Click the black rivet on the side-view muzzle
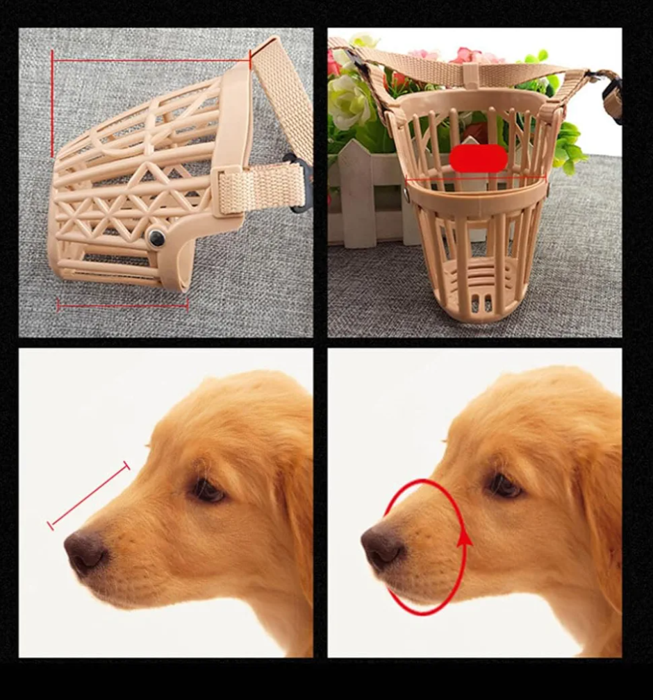point(156,239)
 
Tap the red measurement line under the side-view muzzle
point(122,305)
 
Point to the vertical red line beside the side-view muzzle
point(52,104)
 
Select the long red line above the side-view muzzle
point(151,60)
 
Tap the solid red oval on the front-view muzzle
point(478,158)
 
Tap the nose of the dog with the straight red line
point(85,552)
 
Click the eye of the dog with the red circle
point(505,486)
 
